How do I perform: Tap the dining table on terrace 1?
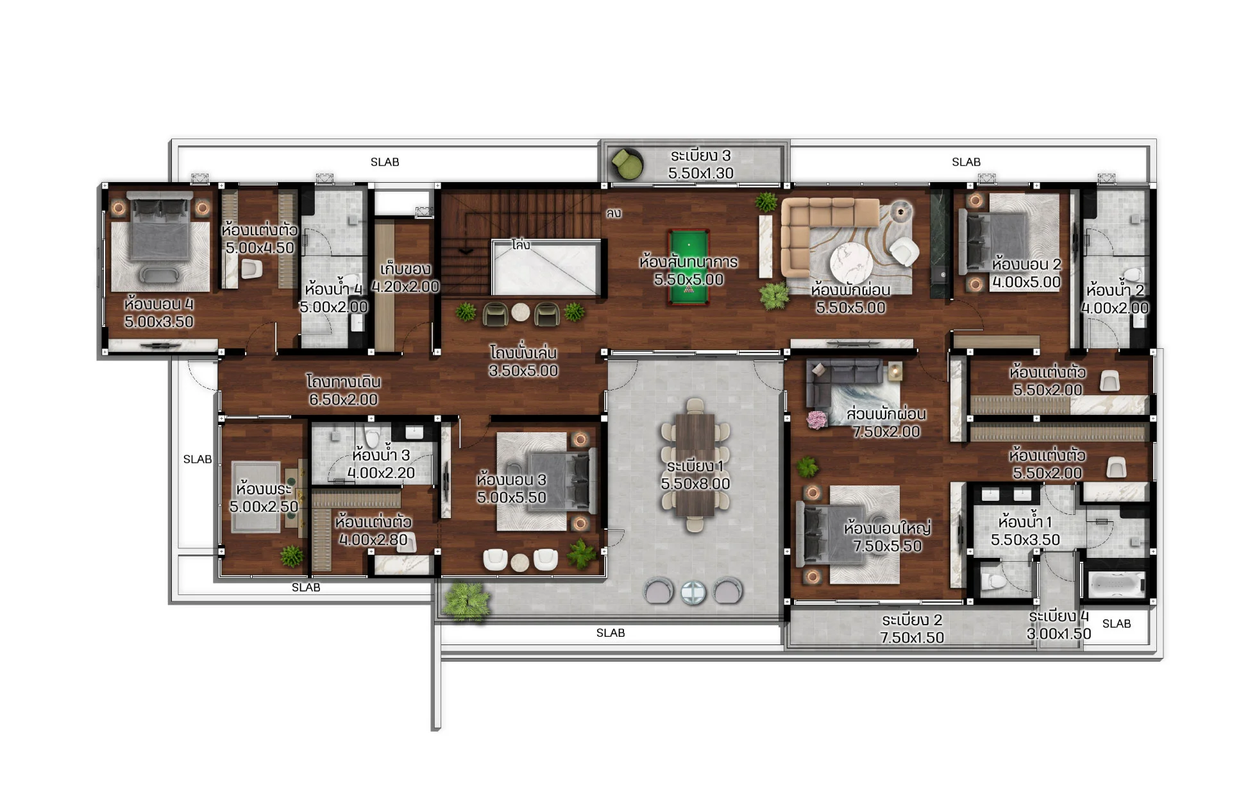[x=695, y=464]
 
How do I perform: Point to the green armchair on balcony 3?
[x=625, y=164]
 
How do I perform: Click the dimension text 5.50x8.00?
[x=695, y=484]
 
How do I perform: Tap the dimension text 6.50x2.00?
[x=343, y=400]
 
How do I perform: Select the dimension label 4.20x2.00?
[x=405, y=287]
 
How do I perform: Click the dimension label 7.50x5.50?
[x=887, y=546]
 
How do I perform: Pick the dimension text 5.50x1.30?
[x=700, y=173]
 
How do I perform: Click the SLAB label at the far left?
[x=198, y=459]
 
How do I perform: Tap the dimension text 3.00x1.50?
[x=1059, y=634]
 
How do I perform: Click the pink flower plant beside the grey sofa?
[x=816, y=420]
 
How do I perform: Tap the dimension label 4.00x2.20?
[x=381, y=473]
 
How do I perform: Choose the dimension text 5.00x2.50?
[x=264, y=507]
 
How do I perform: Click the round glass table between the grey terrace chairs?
[x=693, y=593]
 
